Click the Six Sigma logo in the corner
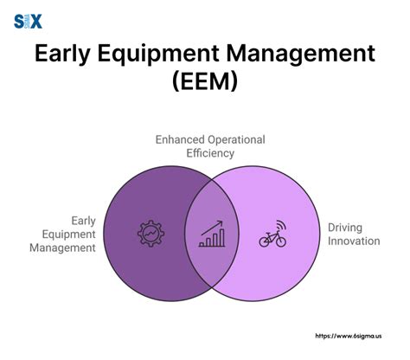(29, 21)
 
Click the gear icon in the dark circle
(151, 235)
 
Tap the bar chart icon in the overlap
(211, 235)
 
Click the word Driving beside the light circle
(344, 227)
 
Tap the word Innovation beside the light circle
(353, 241)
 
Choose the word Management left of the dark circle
(61, 247)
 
